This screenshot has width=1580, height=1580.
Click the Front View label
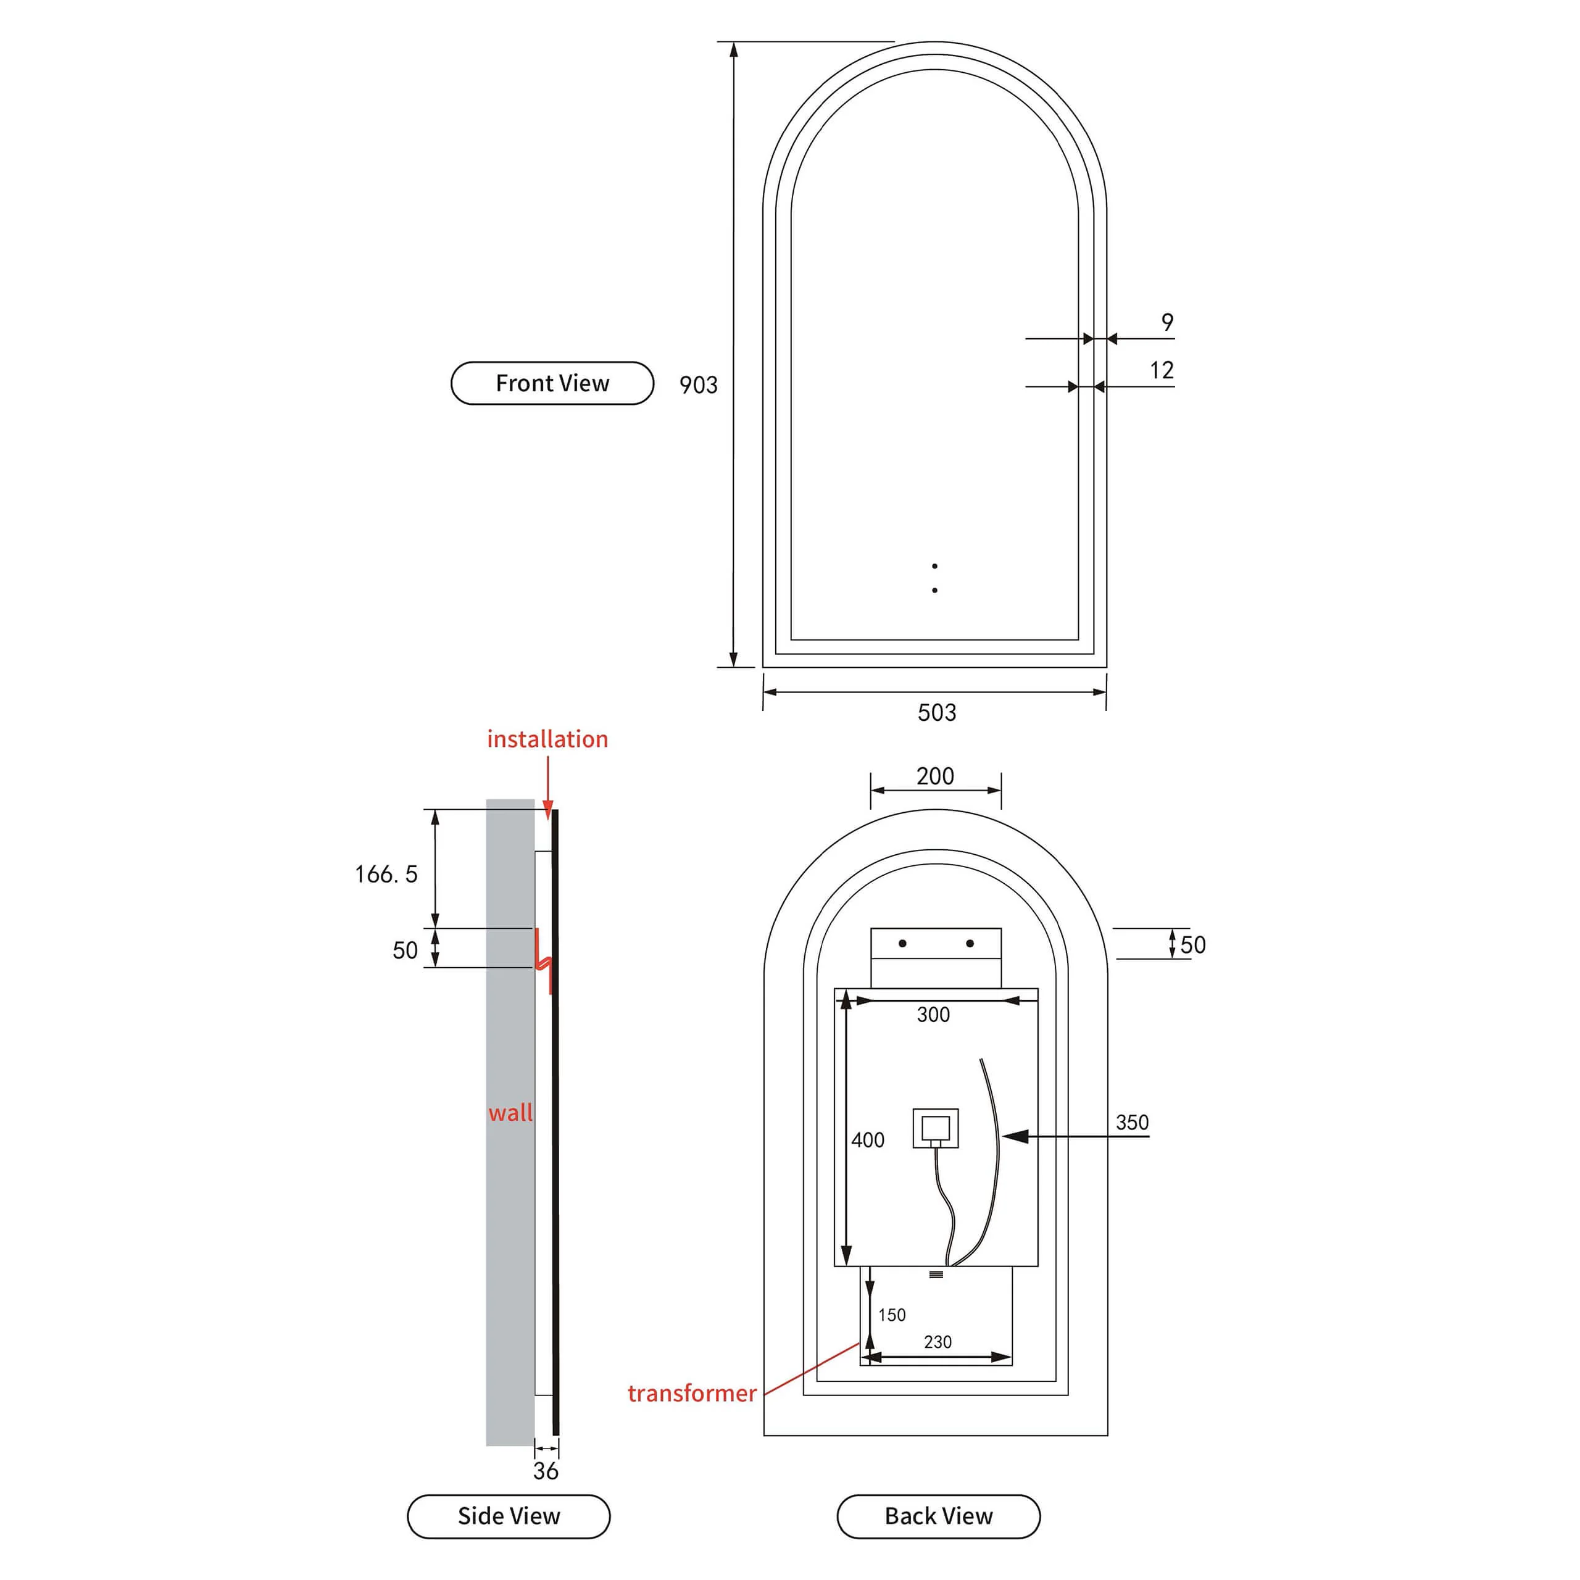[552, 383]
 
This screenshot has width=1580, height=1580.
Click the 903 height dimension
[699, 385]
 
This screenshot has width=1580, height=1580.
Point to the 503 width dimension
[936, 712]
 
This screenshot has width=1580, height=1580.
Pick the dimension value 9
[1167, 322]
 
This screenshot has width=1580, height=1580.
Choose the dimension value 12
[1162, 370]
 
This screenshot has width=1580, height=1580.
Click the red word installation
[547, 739]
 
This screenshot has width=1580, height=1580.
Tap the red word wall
[510, 1112]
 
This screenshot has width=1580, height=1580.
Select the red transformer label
[692, 1393]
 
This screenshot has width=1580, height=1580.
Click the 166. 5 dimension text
[386, 873]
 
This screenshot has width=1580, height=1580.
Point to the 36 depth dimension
[546, 1471]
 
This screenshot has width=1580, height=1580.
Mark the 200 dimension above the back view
[935, 775]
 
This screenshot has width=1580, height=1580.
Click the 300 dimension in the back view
[933, 1014]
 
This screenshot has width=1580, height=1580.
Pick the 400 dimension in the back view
[868, 1139]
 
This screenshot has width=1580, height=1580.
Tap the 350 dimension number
[1132, 1122]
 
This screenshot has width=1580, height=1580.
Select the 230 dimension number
[938, 1342]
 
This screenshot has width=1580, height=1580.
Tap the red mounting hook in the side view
[544, 961]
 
